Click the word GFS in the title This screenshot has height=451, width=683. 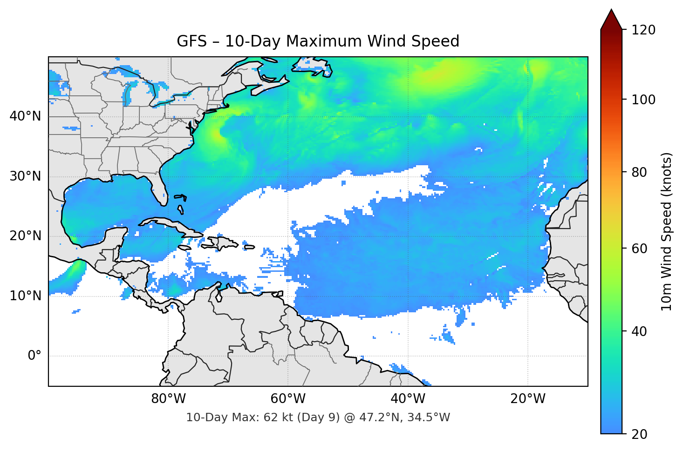[x=191, y=41]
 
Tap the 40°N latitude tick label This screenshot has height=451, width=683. [x=25, y=116]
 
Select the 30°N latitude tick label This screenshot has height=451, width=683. [x=25, y=176]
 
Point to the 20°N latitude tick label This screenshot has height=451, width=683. [x=25, y=236]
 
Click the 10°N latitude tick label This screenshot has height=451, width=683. [x=25, y=296]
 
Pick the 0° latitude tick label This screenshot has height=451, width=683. [x=34, y=356]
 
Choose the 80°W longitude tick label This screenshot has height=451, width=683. [x=168, y=399]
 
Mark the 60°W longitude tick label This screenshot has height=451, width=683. [x=288, y=399]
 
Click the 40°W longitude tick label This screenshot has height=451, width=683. [x=408, y=399]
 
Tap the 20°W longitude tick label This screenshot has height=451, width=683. [x=528, y=399]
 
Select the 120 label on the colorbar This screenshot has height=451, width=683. [x=643, y=30]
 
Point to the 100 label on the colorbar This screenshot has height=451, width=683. [x=643, y=100]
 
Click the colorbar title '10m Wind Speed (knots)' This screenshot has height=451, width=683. [x=667, y=231]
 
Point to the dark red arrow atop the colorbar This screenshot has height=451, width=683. [x=611, y=20]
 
